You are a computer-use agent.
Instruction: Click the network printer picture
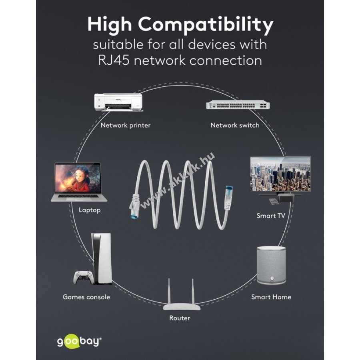118,102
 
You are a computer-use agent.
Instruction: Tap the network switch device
238,105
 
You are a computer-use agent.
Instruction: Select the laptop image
78,182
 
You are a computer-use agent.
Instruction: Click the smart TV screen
280,174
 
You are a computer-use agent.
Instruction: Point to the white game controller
84,277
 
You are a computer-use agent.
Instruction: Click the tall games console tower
102,259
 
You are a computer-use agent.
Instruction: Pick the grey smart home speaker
271,266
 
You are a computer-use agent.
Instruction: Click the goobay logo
79,342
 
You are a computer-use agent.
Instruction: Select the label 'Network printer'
126,125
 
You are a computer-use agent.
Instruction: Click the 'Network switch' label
235,125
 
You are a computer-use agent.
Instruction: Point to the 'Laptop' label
90,210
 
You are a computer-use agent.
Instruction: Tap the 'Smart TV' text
271,216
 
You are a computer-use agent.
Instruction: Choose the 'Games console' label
86,297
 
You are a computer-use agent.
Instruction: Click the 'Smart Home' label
271,297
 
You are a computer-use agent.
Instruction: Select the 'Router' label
180,318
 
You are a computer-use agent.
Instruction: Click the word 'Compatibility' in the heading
206,25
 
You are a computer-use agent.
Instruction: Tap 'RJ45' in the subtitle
114,60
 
